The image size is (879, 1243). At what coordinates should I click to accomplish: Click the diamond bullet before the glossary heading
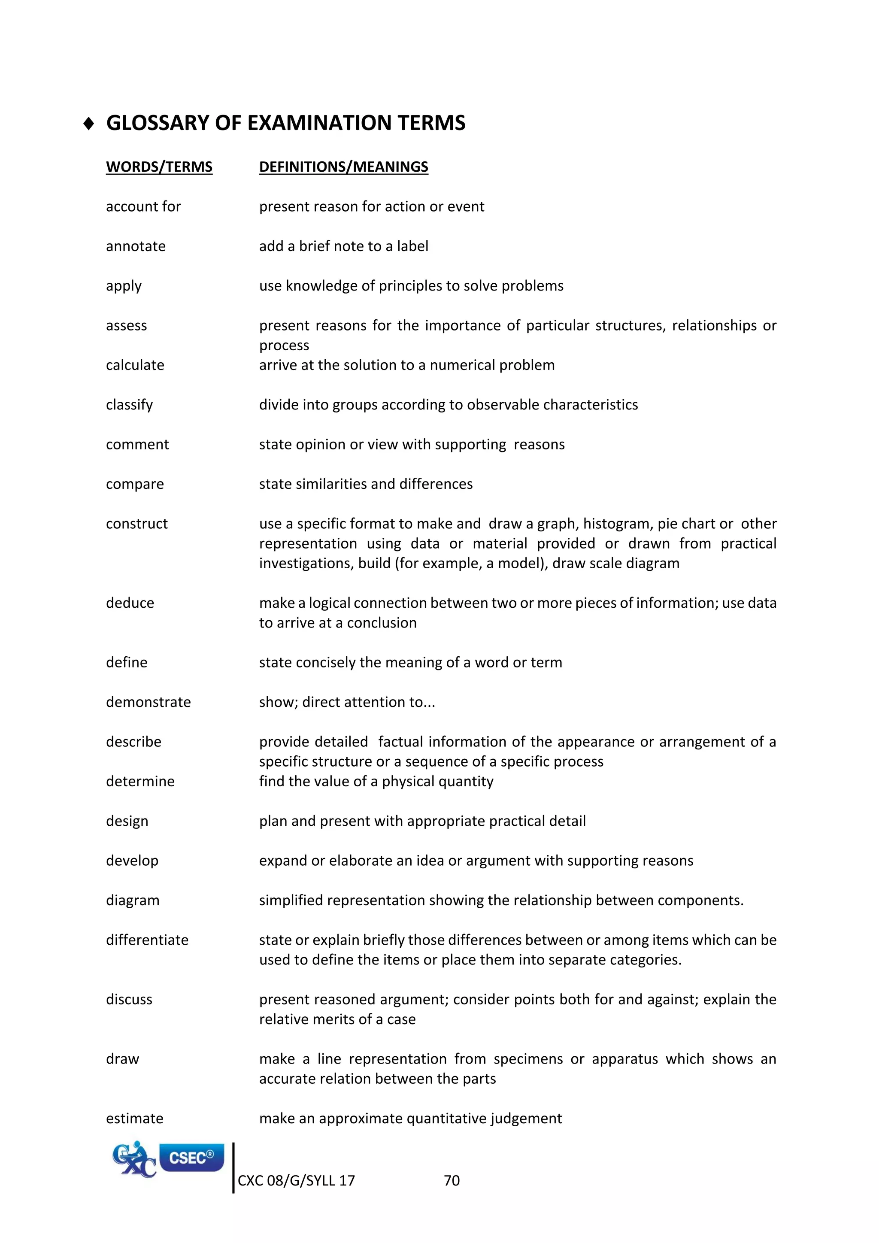pyautogui.click(x=89, y=124)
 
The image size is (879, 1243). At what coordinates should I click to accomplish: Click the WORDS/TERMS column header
pyautogui.click(x=159, y=167)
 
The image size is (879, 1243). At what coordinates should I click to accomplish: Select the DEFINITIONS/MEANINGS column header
pyautogui.click(x=343, y=167)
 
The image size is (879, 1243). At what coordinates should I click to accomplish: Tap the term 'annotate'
pyautogui.click(x=136, y=246)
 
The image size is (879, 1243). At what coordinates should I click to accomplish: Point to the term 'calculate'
pyautogui.click(x=135, y=365)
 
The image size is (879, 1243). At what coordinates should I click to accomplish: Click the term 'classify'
pyautogui.click(x=129, y=405)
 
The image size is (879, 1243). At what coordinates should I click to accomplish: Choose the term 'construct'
pyautogui.click(x=137, y=524)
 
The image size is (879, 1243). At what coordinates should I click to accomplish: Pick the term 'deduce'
pyautogui.click(x=130, y=603)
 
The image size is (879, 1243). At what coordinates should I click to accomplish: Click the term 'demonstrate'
pyautogui.click(x=149, y=702)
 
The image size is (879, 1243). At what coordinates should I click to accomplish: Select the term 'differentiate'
pyautogui.click(x=147, y=940)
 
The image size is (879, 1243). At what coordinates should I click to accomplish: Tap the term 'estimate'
pyautogui.click(x=135, y=1119)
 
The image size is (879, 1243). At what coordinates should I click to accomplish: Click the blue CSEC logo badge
pyautogui.click(x=191, y=1158)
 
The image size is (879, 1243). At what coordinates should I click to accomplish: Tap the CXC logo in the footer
pyautogui.click(x=133, y=1160)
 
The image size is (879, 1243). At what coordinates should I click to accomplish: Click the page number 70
pyautogui.click(x=452, y=1181)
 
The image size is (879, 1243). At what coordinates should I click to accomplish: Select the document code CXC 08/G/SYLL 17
pyautogui.click(x=296, y=1181)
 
